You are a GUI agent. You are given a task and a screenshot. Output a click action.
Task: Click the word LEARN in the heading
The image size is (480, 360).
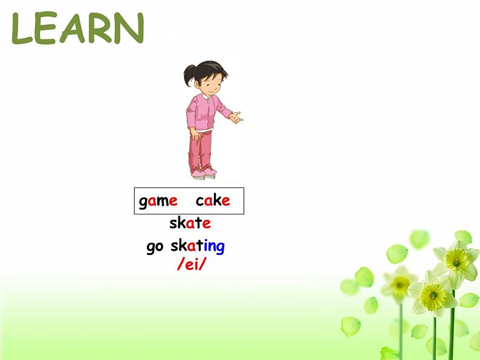[x=77, y=28]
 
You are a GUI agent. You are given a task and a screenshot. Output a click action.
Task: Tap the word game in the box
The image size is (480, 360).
[x=158, y=201]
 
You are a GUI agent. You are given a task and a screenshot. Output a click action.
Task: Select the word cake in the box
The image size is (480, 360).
[x=213, y=201]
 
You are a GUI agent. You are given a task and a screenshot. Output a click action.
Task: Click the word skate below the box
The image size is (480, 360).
[x=190, y=223]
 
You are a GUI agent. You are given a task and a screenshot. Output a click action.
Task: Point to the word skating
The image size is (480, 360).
[x=197, y=246]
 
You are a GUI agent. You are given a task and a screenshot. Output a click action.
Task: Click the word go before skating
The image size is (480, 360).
[x=155, y=247]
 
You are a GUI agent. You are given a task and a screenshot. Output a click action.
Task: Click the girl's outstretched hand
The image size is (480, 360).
[x=237, y=116]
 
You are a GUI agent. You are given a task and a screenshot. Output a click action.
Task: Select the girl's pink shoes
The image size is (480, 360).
[x=203, y=173]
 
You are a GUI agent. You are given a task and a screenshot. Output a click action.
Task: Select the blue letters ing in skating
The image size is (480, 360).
[x=213, y=246]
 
